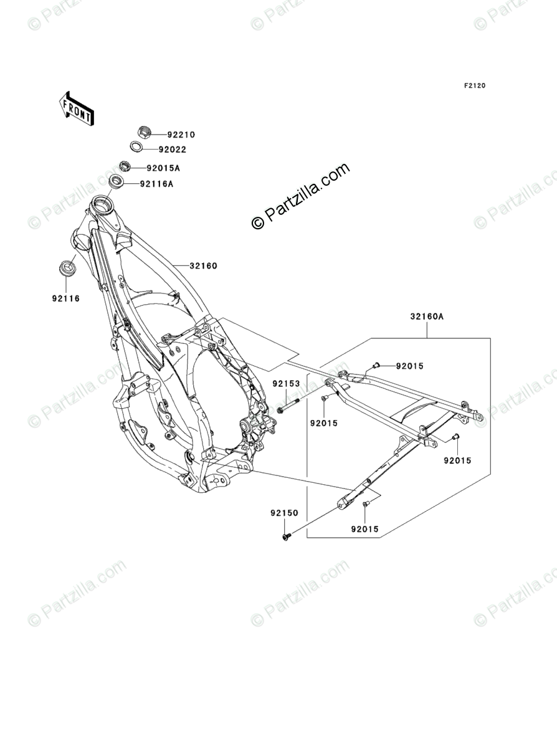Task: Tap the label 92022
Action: [172, 150]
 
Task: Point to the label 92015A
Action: [163, 168]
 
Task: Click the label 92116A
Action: [156, 184]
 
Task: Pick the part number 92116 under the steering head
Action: [66, 298]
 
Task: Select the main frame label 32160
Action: [203, 266]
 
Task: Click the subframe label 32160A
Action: [427, 316]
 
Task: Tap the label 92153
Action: [286, 384]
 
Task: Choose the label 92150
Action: [284, 513]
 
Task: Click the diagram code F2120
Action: [474, 86]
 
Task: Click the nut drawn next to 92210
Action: [143, 133]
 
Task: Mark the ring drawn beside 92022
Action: [135, 147]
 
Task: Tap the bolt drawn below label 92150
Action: [286, 535]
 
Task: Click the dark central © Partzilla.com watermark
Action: [300, 196]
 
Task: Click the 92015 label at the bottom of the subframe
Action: [364, 530]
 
